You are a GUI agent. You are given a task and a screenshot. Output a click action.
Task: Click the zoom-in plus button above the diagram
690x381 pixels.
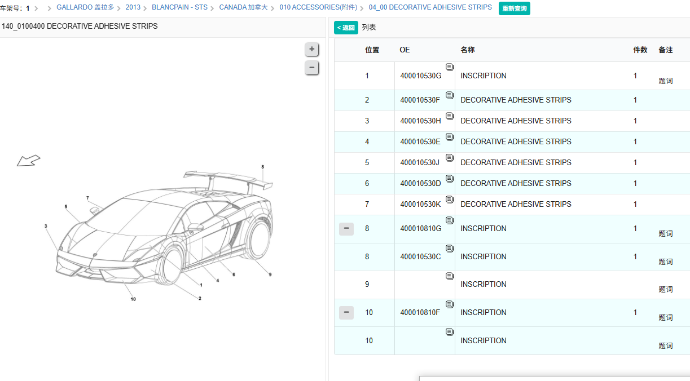pos(312,49)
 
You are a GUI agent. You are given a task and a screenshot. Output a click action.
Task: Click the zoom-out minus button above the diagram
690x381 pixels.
pos(312,68)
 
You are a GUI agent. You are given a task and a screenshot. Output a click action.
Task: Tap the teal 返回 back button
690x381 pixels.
pos(346,28)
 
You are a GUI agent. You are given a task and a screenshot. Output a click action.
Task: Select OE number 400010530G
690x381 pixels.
pos(420,76)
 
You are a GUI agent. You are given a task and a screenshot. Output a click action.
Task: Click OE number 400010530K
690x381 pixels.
pos(420,204)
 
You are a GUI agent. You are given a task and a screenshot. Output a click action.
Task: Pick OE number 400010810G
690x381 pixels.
pos(420,228)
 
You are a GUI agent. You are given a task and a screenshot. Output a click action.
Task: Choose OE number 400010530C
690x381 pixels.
pos(420,256)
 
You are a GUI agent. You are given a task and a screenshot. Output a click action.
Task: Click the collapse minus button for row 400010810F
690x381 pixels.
pos(346,313)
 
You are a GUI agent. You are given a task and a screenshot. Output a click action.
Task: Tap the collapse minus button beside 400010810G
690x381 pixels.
pos(346,229)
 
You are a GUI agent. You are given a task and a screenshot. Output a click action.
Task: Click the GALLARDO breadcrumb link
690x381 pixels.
pos(85,7)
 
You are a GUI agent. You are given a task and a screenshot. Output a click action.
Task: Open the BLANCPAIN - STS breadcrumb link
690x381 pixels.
pos(179,7)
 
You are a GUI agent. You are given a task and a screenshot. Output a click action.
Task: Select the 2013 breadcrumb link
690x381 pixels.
pos(133,7)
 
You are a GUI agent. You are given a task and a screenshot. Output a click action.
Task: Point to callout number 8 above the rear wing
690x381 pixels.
pos(262,167)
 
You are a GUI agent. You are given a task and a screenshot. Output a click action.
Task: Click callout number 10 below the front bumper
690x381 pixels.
pos(133,299)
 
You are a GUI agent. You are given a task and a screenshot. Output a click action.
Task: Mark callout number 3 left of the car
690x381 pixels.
pos(46,226)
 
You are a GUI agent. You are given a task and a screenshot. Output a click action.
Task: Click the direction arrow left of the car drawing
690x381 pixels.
pos(28,160)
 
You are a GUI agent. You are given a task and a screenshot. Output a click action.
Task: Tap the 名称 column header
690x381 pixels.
pos(467,50)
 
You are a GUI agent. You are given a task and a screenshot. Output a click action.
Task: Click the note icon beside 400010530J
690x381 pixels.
pos(450,158)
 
